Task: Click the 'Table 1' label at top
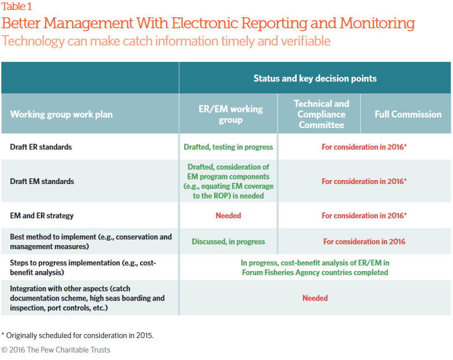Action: [17, 6]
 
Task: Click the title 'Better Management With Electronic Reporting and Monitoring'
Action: [208, 23]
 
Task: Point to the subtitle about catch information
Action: [166, 41]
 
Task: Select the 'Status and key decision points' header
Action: [315, 78]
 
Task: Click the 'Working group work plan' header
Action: [61, 114]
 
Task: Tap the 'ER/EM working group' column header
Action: [231, 114]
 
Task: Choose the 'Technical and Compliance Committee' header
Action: [321, 114]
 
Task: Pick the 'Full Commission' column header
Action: [408, 114]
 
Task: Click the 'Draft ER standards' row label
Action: [41, 147]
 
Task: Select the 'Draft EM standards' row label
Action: [42, 181]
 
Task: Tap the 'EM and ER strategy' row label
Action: [42, 216]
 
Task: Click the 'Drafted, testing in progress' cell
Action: [229, 147]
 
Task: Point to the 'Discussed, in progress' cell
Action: [229, 242]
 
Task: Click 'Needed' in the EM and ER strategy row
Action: [229, 216]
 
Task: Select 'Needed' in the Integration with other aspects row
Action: [315, 298]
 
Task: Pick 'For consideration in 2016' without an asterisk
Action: [364, 242]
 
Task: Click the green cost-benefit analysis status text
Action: [315, 268]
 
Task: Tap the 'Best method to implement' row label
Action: [91, 242]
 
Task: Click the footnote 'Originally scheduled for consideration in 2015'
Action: [77, 335]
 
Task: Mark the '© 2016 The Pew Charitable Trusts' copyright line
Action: [56, 350]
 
